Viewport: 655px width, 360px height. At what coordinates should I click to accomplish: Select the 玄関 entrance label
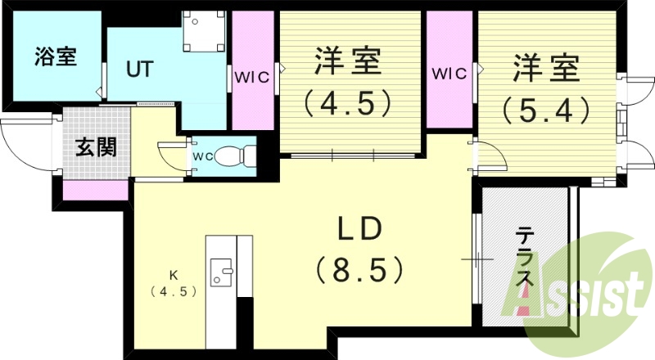(x=96, y=147)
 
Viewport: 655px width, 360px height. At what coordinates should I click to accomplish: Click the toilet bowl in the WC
(x=237, y=153)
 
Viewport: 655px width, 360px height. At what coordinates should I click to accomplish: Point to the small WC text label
(x=204, y=154)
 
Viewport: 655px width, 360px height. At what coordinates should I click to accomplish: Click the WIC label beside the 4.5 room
(x=252, y=78)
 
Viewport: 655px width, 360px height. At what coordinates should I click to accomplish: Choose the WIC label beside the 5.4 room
(x=449, y=72)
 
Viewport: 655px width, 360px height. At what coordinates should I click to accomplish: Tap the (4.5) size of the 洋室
(x=344, y=104)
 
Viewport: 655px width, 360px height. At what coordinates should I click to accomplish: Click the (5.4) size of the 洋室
(x=547, y=108)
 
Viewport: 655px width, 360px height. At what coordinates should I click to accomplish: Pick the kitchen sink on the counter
(x=221, y=270)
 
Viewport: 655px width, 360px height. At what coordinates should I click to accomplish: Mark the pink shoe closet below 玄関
(x=96, y=190)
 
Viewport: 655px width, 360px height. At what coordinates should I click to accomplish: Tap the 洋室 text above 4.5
(x=345, y=63)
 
